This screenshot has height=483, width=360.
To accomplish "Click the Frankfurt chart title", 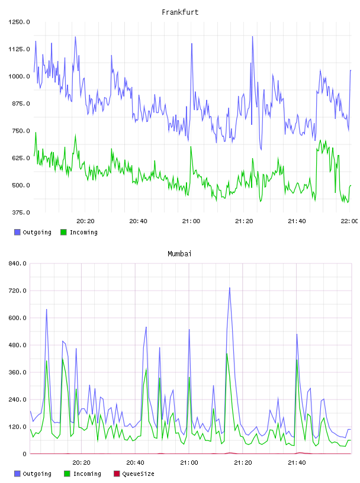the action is (180, 12).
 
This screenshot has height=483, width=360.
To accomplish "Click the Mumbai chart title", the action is (179, 254).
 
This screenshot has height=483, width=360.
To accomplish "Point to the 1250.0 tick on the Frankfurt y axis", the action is (19, 22).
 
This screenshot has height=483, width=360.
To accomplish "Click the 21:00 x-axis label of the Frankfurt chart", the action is (191, 221).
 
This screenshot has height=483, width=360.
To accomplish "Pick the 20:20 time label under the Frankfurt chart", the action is (85, 221).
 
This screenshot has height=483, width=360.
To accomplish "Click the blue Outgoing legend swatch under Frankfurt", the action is (17, 232).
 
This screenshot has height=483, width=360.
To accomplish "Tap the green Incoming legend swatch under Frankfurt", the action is (63, 232).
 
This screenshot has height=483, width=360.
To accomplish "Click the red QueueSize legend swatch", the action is (117, 474).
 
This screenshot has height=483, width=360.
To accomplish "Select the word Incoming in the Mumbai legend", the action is (87, 474).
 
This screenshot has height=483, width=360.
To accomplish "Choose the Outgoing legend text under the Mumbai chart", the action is (37, 474).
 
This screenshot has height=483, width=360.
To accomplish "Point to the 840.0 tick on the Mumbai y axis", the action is (17, 263).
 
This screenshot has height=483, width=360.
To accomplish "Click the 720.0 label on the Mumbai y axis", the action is (17, 291).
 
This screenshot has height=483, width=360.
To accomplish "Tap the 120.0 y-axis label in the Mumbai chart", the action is (17, 427).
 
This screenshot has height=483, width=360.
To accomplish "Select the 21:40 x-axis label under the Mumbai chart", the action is (297, 463).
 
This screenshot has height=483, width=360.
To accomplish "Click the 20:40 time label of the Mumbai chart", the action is (136, 463).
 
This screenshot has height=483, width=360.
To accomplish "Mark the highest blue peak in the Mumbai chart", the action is (229, 288).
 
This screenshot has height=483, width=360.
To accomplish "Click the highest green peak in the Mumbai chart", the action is (227, 353).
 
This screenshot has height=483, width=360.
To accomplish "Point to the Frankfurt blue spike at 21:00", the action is (192, 44).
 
